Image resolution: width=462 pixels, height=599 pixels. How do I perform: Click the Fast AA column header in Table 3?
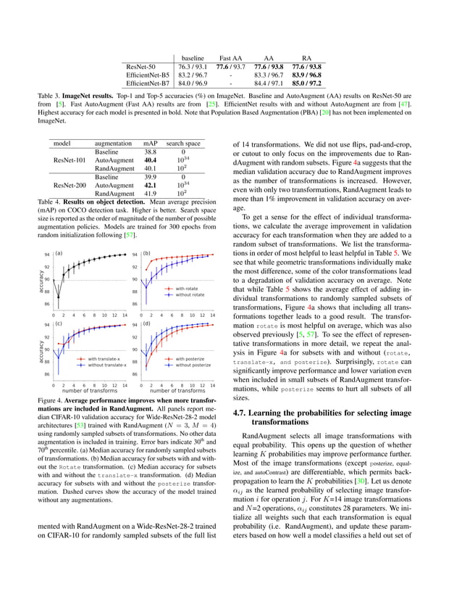(x=230, y=57)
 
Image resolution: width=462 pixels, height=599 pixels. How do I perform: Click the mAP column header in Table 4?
(x=150, y=144)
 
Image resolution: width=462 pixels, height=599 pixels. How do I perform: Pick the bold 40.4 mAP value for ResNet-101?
(x=150, y=160)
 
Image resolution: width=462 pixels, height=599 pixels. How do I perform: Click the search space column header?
(x=183, y=144)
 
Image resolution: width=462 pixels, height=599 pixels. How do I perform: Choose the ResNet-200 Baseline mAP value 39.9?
(x=150, y=177)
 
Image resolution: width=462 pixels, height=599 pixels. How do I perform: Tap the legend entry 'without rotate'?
(x=190, y=294)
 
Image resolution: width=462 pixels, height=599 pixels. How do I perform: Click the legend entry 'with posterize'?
(x=190, y=358)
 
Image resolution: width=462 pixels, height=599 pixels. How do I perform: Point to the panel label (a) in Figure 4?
(x=59, y=254)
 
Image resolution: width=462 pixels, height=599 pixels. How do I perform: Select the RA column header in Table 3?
(x=306, y=57)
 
